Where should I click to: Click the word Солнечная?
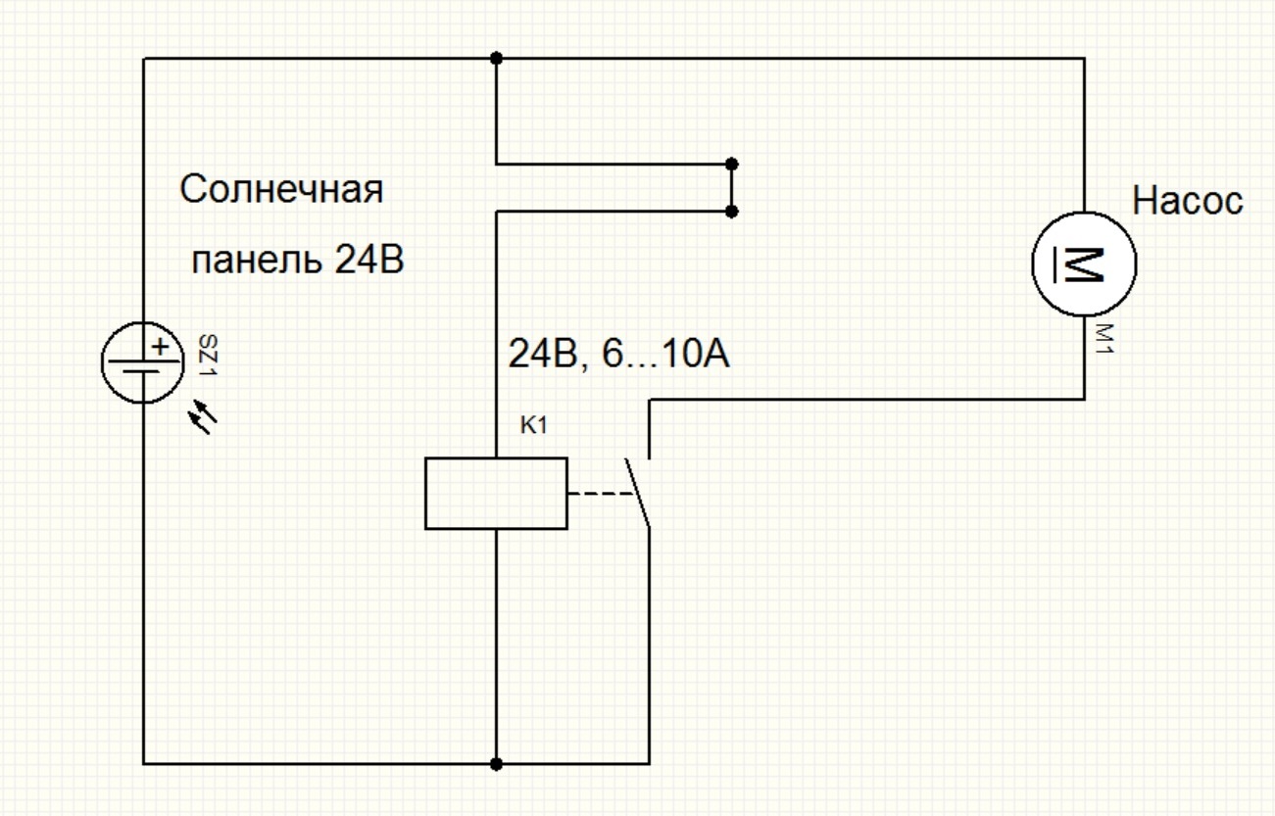[x=281, y=189]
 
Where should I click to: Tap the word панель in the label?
[x=256, y=261]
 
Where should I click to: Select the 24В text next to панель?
[x=368, y=260]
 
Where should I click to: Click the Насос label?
[x=1188, y=201]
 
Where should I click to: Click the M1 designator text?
[x=1104, y=339]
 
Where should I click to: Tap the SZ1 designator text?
[x=209, y=355]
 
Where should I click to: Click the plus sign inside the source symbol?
[x=161, y=347]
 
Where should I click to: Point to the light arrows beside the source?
[x=203, y=416]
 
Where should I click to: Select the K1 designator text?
[x=533, y=425]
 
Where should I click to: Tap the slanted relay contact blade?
[x=637, y=493]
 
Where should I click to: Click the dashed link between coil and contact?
[x=601, y=494]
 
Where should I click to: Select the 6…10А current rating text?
[x=665, y=354]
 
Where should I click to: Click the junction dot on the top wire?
[x=496, y=58]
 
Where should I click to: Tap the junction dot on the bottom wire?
[x=496, y=764]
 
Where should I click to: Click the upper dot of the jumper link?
[x=732, y=165]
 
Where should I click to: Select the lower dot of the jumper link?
[x=732, y=212]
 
